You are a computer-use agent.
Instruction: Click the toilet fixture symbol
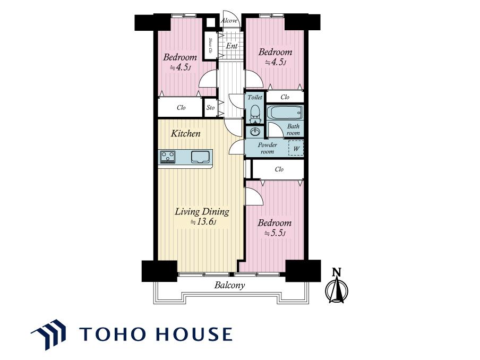[255, 114]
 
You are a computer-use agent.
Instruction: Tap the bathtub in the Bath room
[285, 113]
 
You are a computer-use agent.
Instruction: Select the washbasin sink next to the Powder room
[255, 132]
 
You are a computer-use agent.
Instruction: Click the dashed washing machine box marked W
[296, 148]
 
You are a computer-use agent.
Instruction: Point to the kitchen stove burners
[167, 157]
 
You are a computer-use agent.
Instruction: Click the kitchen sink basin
[201, 157]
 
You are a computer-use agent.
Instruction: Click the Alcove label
[229, 21]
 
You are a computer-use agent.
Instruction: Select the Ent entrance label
[232, 46]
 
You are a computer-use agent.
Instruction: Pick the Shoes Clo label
[210, 46]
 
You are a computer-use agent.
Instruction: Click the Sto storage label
[210, 107]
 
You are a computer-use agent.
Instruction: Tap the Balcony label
[229, 285]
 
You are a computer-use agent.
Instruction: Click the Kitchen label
[185, 133]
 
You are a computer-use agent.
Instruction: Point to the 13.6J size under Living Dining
[203, 221]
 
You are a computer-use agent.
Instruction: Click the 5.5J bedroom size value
[275, 233]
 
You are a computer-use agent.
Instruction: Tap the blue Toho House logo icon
[48, 335]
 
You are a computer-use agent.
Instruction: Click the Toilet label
[255, 97]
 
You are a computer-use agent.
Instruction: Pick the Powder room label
[267, 148]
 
